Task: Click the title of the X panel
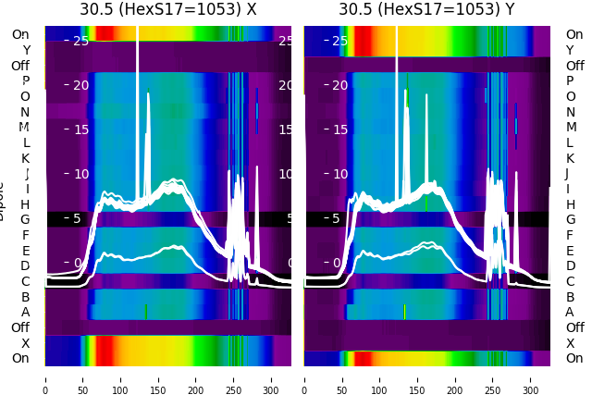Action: click(167, 10)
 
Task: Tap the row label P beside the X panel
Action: click(25, 81)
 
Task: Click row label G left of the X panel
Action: click(25, 220)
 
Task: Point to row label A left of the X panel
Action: click(25, 313)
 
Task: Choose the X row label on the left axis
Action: click(25, 343)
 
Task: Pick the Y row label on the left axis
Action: click(26, 51)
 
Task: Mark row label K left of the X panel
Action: click(25, 158)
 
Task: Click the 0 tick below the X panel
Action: click(45, 378)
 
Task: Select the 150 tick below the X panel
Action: click(158, 378)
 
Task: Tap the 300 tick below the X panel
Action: click(271, 378)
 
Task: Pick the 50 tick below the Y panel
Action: click(342, 378)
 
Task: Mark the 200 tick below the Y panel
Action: click(455, 378)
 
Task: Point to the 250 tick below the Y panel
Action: click(493, 378)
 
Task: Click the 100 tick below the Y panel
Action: click(380, 378)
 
